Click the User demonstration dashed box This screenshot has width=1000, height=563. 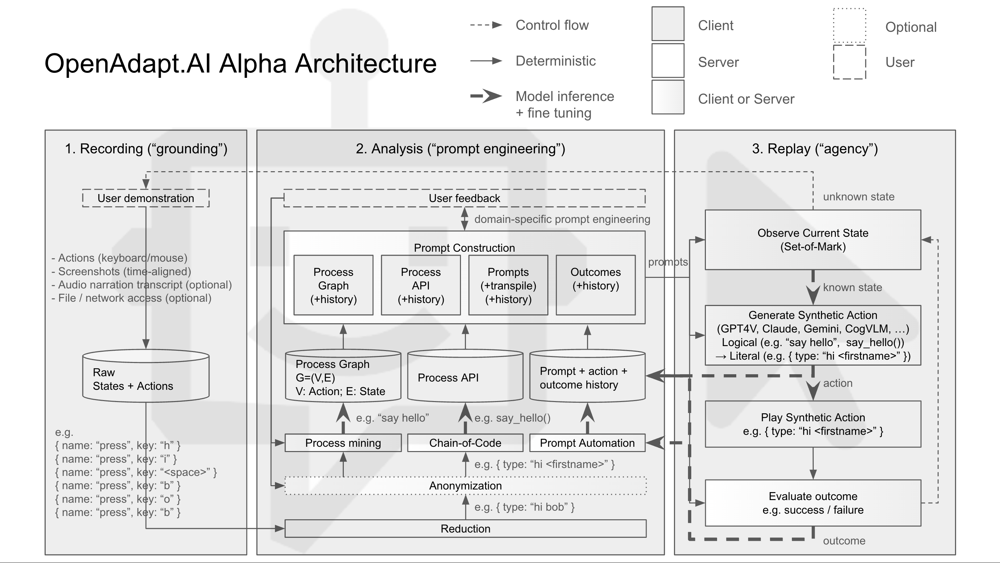pyautogui.click(x=146, y=198)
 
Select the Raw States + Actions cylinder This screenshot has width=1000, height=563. pyautogui.click(x=146, y=379)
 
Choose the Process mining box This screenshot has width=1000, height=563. pyautogui.click(x=343, y=443)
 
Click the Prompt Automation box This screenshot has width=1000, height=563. pyautogui.click(x=587, y=443)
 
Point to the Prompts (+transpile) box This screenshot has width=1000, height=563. pyautogui.click(x=508, y=285)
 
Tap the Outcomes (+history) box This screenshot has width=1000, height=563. pyautogui.click(x=596, y=285)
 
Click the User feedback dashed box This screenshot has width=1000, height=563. pyautogui.click(x=464, y=198)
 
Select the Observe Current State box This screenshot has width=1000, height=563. pyautogui.click(x=813, y=240)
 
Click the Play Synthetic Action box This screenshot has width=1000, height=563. pyautogui.click(x=813, y=424)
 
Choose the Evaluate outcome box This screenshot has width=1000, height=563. pyautogui.click(x=813, y=503)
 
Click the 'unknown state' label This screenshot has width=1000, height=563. pyautogui.click(x=859, y=197)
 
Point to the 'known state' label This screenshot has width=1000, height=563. pyautogui.click(x=852, y=287)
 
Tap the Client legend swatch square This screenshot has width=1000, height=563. pyautogui.click(x=668, y=24)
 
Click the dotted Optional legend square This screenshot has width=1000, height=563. pyautogui.click(x=849, y=25)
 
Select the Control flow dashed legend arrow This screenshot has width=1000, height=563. pyautogui.click(x=486, y=25)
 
